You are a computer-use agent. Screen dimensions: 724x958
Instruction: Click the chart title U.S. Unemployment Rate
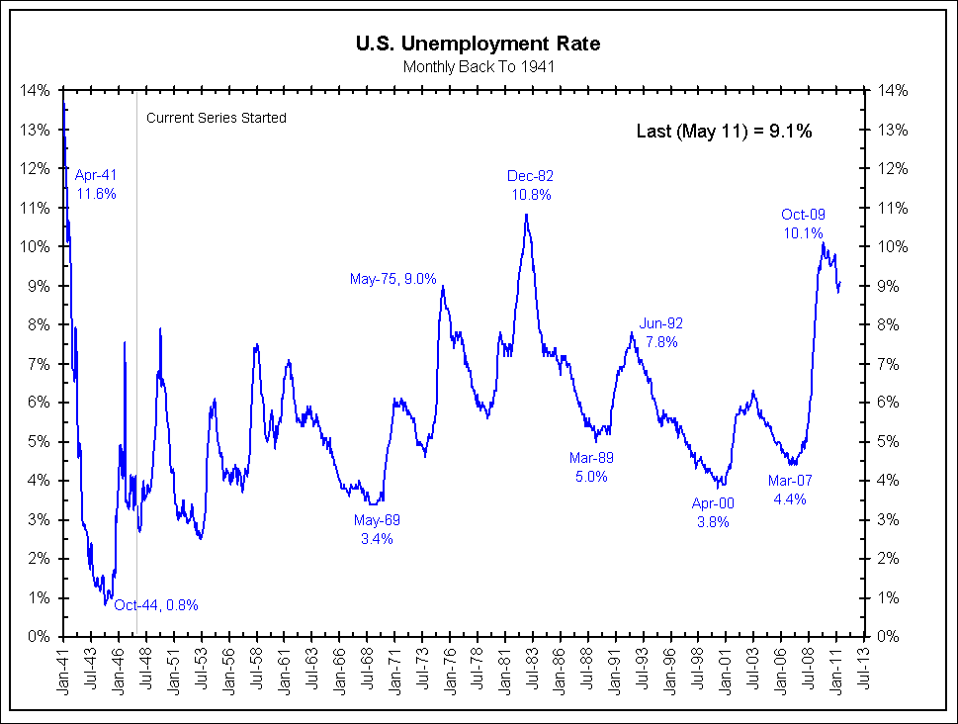pos(478,44)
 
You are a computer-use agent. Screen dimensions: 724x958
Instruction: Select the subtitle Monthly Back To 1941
pos(478,66)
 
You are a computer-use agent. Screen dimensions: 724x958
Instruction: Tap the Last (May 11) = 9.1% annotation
pos(724,131)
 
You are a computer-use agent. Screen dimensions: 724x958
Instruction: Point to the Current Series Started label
pos(216,118)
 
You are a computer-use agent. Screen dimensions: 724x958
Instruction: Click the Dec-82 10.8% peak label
pos(531,185)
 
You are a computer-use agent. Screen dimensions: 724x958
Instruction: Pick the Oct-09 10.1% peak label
pos(803,224)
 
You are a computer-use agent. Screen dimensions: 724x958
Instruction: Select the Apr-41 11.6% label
pos(96,185)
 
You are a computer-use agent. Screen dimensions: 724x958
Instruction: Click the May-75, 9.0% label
pos(392,279)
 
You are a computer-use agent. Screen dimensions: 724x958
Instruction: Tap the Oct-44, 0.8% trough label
pos(156,605)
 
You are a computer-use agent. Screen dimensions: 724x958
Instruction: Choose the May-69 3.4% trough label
pos(377,529)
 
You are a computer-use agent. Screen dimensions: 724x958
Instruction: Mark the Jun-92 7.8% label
pos(661,332)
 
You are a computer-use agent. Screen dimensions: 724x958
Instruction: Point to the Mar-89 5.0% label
pos(591,467)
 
